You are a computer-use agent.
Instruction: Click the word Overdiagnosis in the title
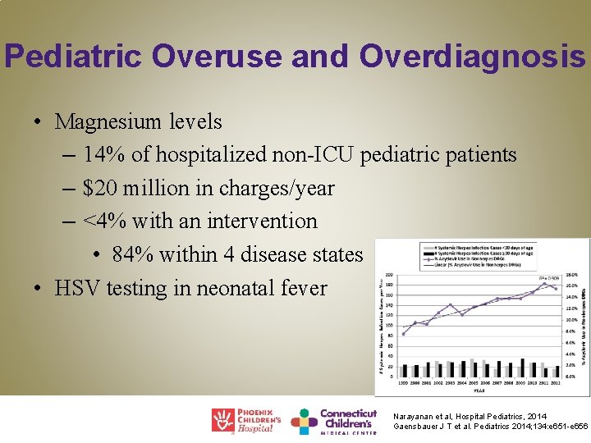coord(472,56)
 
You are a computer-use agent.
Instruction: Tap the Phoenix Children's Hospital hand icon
coord(222,420)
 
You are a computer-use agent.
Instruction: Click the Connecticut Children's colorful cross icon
coord(304,421)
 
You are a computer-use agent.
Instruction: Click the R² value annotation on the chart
coord(547,279)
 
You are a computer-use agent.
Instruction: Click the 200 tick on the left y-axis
coord(390,275)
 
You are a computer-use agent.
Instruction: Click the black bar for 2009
coord(522,368)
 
